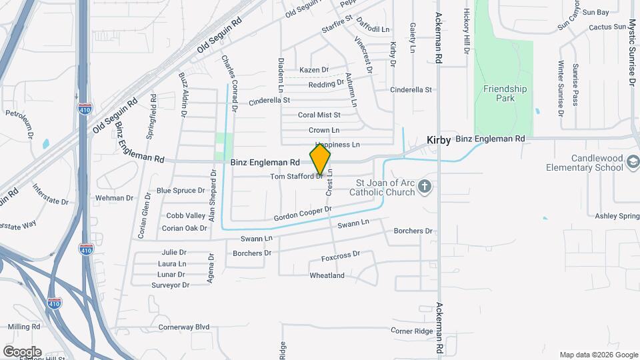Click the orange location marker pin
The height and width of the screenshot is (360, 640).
pyautogui.click(x=320, y=160)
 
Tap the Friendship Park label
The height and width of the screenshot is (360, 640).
pyautogui.click(x=505, y=93)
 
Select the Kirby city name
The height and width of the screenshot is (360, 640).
pyautogui.click(x=439, y=140)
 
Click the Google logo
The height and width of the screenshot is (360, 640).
pyautogui.click(x=22, y=352)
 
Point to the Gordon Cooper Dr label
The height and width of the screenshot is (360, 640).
pyautogui.click(x=303, y=215)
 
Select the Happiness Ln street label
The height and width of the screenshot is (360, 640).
pyautogui.click(x=337, y=145)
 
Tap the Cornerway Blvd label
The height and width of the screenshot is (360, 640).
pyautogui.click(x=184, y=327)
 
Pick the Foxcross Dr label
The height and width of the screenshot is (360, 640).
pyautogui.click(x=340, y=255)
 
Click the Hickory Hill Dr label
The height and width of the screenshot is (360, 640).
pyautogui.click(x=467, y=32)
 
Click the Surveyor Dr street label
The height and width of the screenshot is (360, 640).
pyautogui.click(x=171, y=285)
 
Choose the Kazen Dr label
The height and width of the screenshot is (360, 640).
pyautogui.click(x=314, y=70)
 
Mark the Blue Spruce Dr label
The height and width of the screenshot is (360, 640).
pyautogui.click(x=181, y=191)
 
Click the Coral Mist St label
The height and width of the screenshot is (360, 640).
pyautogui.click(x=319, y=115)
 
